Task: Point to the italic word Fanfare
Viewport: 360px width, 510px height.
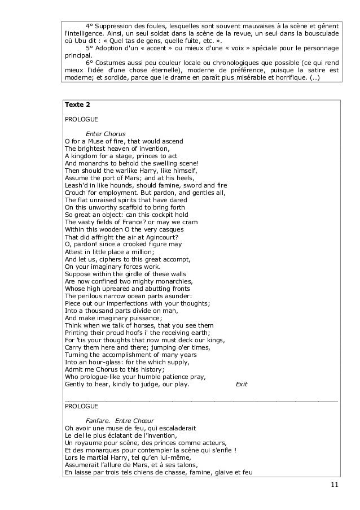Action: click(99, 420)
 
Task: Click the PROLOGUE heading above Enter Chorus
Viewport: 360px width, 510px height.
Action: click(81, 120)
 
